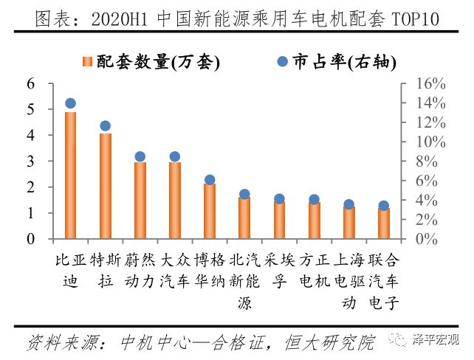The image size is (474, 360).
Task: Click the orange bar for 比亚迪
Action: (x=71, y=176)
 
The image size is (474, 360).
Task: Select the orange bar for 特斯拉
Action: (x=106, y=186)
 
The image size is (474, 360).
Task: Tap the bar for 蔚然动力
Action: (x=140, y=201)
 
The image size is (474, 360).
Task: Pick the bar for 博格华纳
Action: (x=210, y=211)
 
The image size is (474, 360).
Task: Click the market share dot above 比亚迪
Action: (x=71, y=104)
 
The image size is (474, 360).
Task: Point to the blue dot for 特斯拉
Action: (x=106, y=126)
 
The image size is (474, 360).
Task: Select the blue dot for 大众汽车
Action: (x=175, y=156)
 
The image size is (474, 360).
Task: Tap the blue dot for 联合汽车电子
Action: (x=383, y=206)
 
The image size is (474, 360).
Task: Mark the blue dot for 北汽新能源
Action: (x=244, y=195)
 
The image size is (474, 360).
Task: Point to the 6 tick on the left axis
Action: (x=31, y=83)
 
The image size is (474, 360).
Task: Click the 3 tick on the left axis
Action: (x=31, y=162)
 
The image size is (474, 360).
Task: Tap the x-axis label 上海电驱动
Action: (x=348, y=280)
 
